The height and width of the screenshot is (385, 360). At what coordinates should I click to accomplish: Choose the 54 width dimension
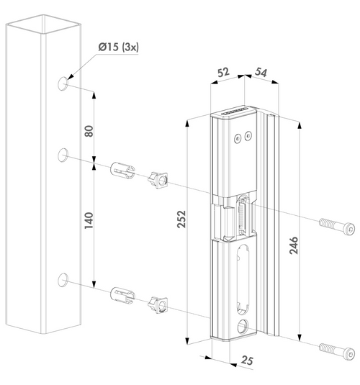[262, 73]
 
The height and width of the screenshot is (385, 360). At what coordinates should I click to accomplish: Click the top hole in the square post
[64, 84]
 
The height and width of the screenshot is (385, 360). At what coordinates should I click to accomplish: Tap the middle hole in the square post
[64, 154]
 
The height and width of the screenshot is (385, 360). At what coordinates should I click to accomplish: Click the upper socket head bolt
[335, 228]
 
